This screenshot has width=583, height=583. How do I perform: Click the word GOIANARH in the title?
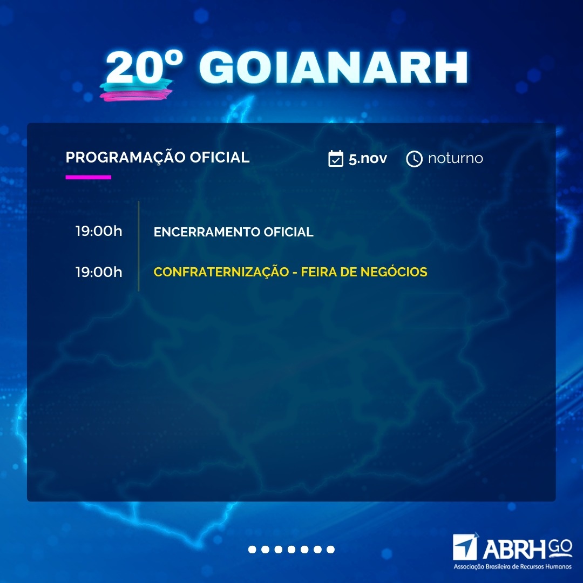pos(333,67)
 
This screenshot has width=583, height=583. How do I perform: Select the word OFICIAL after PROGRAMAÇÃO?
pos(219,157)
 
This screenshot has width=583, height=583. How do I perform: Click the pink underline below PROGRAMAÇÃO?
pos(88,178)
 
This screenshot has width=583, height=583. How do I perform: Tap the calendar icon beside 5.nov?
pos(336,158)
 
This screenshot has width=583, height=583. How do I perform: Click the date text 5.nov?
pos(368,159)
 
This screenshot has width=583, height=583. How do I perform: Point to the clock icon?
pos(414,159)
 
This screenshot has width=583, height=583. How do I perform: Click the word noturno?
pos(456,158)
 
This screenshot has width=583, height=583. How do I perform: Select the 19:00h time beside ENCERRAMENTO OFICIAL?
pos(99,231)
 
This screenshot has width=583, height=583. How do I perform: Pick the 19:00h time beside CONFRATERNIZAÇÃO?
pos(99,272)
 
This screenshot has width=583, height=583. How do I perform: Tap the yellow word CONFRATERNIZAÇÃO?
pos(221,272)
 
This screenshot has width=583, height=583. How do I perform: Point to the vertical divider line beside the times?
pos(139,246)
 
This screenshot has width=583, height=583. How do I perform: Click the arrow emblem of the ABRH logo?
pos(465,547)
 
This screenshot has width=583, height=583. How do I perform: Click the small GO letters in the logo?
pos(560,546)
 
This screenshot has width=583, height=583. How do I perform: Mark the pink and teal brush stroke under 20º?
pos(136,90)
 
